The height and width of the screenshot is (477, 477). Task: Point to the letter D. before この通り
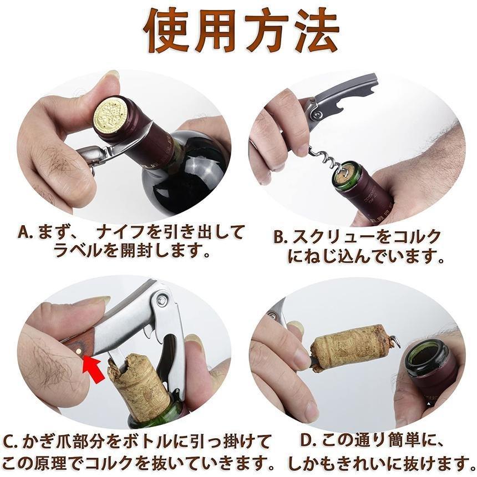click(309, 443)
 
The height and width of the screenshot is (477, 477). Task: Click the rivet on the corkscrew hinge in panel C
click(162, 300)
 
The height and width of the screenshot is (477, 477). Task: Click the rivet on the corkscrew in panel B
click(318, 115)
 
